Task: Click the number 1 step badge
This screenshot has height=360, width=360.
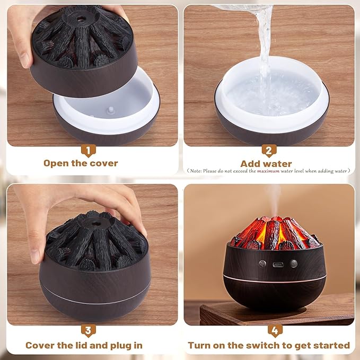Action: coord(89,151)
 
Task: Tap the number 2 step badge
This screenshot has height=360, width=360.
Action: coord(269,151)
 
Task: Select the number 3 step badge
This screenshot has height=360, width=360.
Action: coord(89,331)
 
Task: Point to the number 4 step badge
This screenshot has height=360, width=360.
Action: coord(275,331)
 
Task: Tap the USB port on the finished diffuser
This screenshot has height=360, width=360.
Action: coord(278,264)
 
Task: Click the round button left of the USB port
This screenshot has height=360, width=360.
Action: coord(262,264)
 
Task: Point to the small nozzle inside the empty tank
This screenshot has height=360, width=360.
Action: coord(111,110)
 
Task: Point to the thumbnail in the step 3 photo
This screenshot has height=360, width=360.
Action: coord(35,257)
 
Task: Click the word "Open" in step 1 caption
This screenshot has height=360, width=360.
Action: coord(56,163)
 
